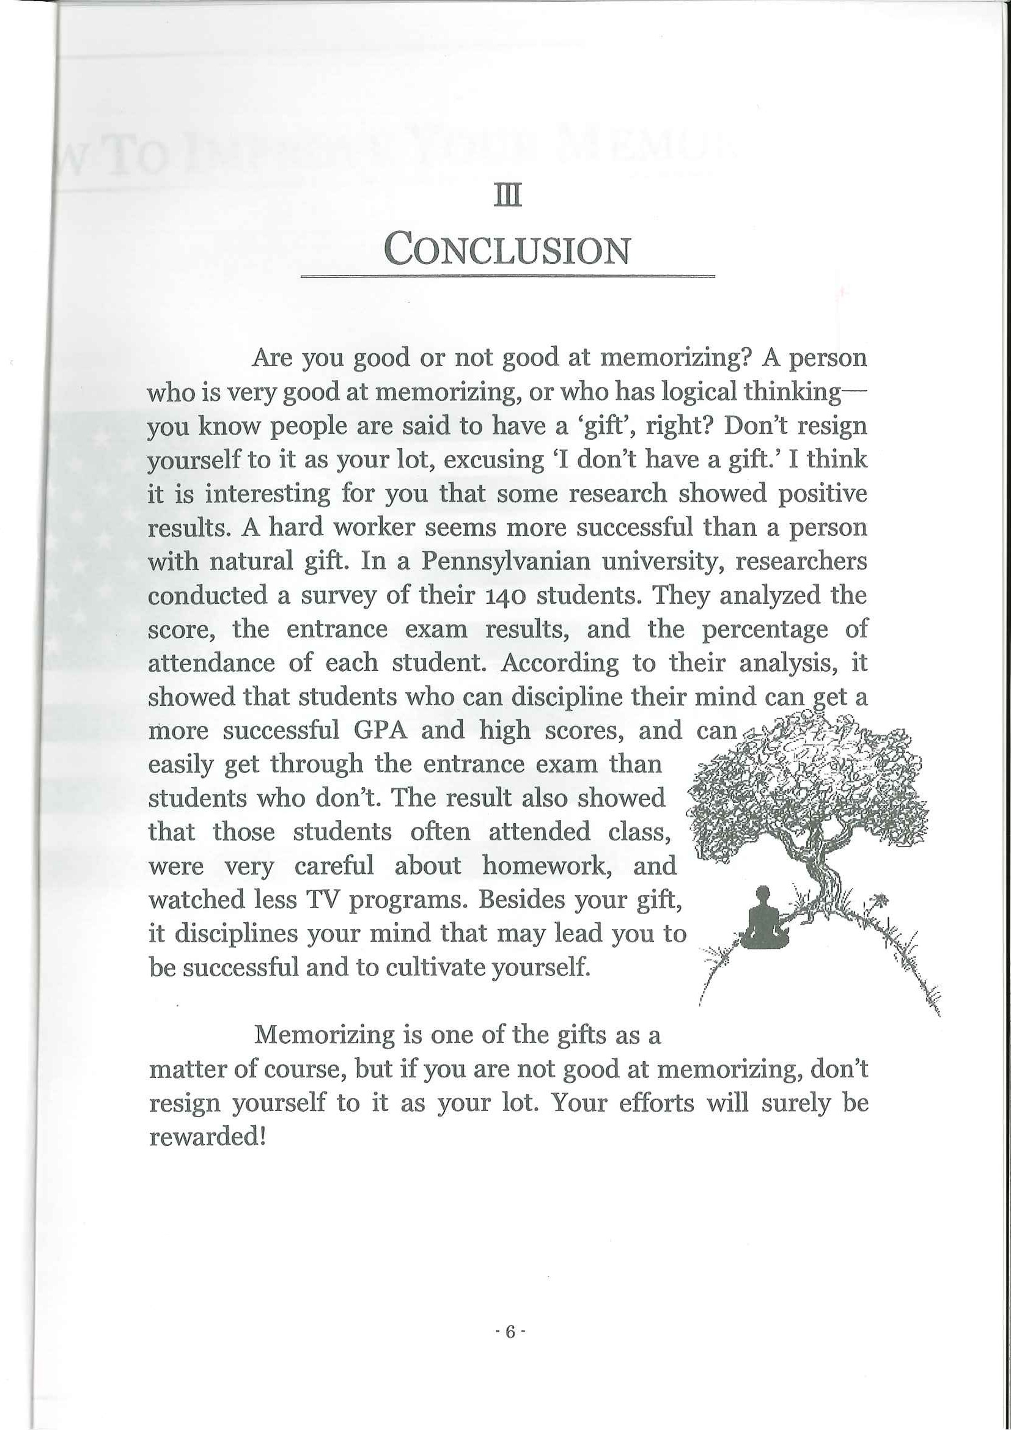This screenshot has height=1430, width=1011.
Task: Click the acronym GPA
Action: click(380, 730)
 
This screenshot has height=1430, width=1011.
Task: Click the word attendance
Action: click(211, 663)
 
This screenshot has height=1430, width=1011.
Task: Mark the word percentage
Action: click(764, 629)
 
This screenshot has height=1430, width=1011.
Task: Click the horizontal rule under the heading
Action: click(507, 276)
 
